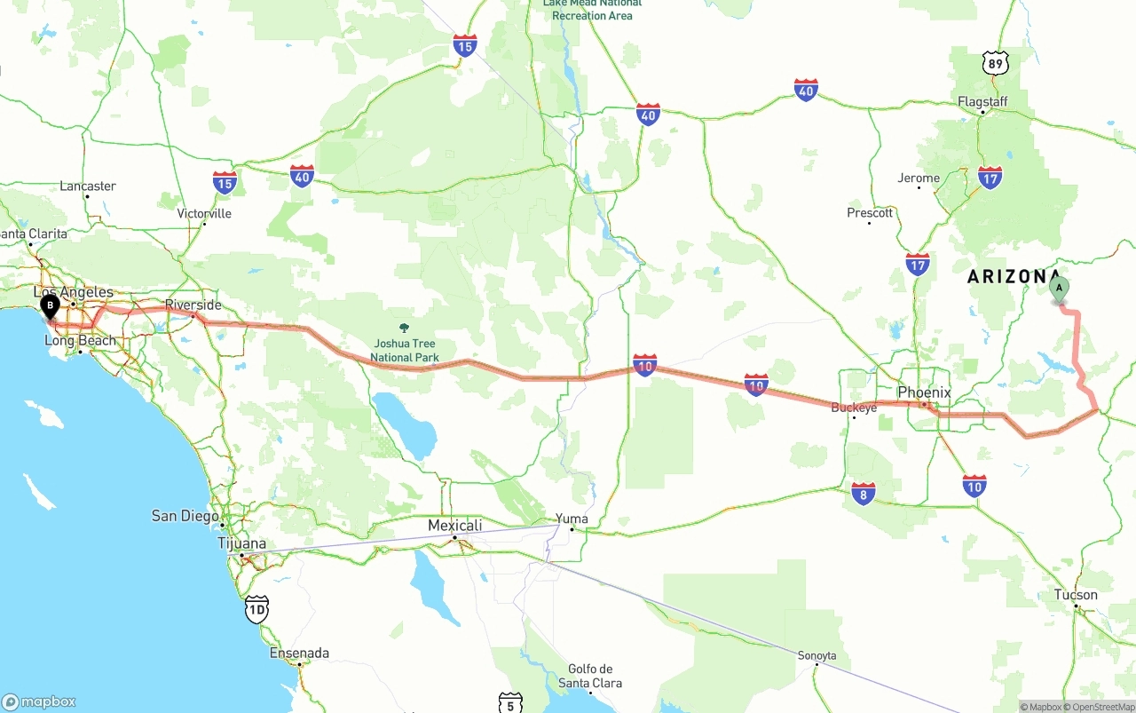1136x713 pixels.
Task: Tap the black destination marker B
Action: (51, 306)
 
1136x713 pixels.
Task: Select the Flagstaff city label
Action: (982, 102)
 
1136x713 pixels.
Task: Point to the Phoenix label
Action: (924, 392)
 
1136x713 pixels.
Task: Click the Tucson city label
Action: (1076, 595)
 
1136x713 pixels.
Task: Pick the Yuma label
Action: (572, 519)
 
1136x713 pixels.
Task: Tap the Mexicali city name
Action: (454, 526)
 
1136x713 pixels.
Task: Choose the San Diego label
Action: (185, 516)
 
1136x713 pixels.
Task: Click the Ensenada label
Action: (299, 654)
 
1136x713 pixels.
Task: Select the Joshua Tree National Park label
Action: (405, 351)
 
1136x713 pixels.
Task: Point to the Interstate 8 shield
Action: (864, 494)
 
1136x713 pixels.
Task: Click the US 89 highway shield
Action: (996, 63)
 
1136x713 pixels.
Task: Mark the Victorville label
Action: (204, 214)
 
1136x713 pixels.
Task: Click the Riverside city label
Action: (193, 305)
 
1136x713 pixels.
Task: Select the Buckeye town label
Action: (854, 408)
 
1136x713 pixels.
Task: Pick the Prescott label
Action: (870, 213)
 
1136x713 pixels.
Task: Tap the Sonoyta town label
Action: (816, 656)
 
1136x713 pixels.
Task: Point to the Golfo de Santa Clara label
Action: (590, 676)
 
